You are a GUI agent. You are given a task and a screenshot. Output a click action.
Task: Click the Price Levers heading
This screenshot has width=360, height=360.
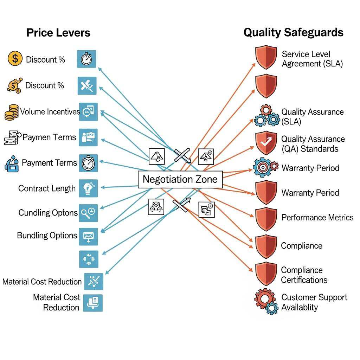click(x=58, y=33)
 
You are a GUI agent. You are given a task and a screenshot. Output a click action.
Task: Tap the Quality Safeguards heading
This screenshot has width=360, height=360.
click(x=293, y=33)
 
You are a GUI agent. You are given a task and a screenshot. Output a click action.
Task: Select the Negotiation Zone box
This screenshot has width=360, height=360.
click(x=180, y=179)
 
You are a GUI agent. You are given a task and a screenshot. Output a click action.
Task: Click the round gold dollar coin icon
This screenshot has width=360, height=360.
click(x=15, y=59)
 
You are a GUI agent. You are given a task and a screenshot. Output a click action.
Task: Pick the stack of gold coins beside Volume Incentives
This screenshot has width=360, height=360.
click(x=12, y=112)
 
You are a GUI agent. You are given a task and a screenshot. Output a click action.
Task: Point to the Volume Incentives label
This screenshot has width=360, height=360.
click(x=50, y=112)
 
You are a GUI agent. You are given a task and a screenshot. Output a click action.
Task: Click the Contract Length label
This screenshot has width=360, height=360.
click(x=47, y=188)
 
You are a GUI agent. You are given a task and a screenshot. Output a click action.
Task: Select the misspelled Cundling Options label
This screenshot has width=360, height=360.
click(x=48, y=213)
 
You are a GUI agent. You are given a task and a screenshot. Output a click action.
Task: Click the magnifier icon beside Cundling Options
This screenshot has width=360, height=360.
click(x=88, y=212)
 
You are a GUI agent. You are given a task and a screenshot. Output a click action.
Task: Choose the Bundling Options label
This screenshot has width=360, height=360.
click(x=47, y=235)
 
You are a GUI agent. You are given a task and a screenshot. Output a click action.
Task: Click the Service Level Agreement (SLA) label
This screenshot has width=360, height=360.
click(x=312, y=59)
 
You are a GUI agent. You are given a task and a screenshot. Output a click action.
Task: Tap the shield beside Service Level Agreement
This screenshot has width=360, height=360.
click(x=266, y=57)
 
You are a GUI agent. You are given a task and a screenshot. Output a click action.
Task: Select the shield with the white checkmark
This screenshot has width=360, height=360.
click(x=266, y=143)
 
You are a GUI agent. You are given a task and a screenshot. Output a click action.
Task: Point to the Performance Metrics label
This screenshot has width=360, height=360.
click(x=317, y=218)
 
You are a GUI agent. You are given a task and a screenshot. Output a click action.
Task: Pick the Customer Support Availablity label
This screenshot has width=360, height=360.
click(x=314, y=302)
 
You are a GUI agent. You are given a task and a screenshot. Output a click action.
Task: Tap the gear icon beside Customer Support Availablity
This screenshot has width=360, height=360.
click(x=266, y=301)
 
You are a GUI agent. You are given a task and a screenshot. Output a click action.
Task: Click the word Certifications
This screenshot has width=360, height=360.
click(x=304, y=280)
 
